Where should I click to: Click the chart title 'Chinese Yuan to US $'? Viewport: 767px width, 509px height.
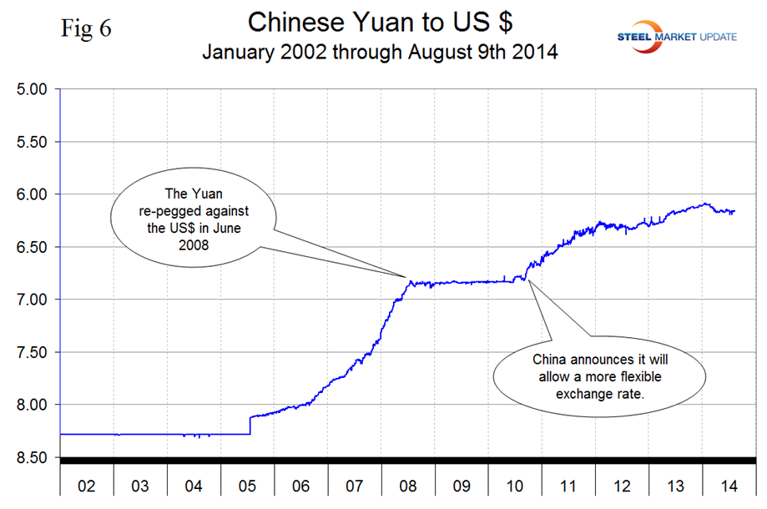tap(380, 23)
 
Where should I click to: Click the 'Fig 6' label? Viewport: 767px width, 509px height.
tap(87, 28)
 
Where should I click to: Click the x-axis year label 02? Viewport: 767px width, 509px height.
tap(88, 485)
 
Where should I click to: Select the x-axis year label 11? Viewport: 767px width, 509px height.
tap(568, 485)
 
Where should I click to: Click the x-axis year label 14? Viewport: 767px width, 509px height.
tap(728, 485)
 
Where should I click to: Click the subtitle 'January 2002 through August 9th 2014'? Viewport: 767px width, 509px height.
tap(380, 52)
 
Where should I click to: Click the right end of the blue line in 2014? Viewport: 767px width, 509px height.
tap(734, 211)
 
